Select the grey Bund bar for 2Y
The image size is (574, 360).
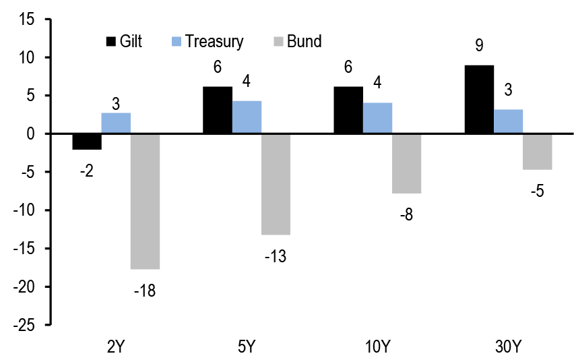(145, 201)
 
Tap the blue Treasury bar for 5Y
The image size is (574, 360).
(247, 117)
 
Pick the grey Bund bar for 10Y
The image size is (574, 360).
(406, 163)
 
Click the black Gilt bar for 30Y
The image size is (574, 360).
(479, 99)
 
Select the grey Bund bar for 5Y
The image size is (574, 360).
(276, 184)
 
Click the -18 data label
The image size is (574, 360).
(145, 291)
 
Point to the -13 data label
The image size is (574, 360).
(276, 257)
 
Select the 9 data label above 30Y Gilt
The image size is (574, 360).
(480, 47)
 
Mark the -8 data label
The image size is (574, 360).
(407, 216)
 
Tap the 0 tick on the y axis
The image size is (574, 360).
(30, 134)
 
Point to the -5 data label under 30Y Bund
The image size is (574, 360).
(537, 191)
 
